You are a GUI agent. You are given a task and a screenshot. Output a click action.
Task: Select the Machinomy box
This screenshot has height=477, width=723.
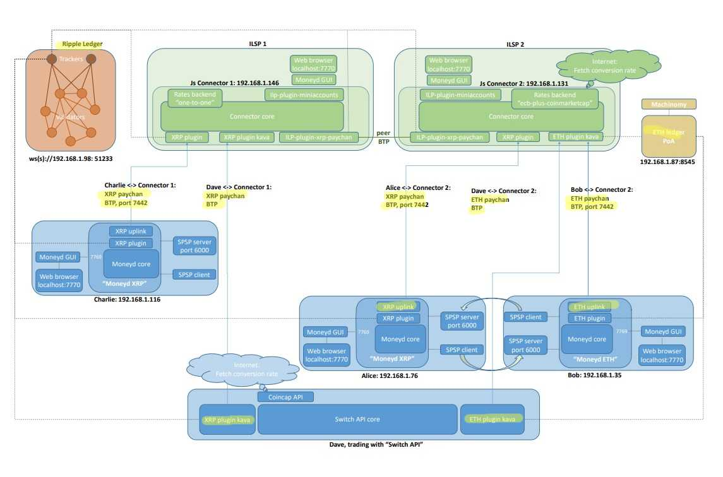point(669,104)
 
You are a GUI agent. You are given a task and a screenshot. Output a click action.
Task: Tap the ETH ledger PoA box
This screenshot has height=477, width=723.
point(669,136)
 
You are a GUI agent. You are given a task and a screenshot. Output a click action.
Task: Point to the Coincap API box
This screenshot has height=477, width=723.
point(285,397)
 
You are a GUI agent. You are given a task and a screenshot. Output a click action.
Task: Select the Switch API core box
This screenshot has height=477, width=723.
point(357,419)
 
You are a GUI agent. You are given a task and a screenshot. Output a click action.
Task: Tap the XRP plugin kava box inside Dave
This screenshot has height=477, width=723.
point(228,419)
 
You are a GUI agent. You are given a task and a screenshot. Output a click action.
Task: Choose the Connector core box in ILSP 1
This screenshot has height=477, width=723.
point(252,116)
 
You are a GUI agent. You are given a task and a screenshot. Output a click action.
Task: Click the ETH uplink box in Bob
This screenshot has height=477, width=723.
point(589,307)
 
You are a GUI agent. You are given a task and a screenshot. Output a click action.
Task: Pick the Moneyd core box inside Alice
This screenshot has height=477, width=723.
point(400,339)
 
